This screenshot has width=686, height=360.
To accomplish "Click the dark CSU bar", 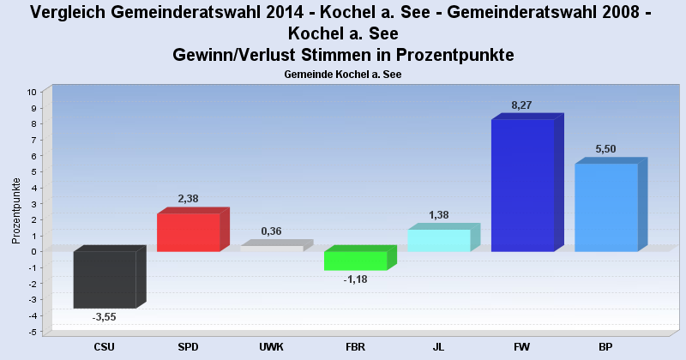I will [105, 279].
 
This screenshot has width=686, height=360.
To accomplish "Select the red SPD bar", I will [188, 232].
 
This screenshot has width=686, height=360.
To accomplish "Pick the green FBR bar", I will [355, 260].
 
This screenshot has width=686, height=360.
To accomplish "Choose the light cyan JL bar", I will [439, 240].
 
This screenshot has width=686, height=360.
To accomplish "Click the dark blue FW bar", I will [522, 185].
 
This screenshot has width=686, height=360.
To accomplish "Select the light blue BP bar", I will [605, 207].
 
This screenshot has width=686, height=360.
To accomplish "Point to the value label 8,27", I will [521, 105].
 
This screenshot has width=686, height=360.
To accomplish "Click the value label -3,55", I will [104, 317].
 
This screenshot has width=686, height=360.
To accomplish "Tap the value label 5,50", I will [605, 149].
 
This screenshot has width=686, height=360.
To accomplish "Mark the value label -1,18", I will [355, 279].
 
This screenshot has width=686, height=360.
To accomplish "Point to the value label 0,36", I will [271, 231].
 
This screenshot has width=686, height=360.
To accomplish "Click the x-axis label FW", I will [521, 347].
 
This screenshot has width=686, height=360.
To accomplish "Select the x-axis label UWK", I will [271, 347].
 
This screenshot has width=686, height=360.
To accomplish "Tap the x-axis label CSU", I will [104, 347].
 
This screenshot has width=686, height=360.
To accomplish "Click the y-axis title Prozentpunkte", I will [16, 211].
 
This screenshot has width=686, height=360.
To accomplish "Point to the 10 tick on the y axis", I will [32, 92].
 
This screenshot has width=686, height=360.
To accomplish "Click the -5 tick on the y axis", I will [33, 332].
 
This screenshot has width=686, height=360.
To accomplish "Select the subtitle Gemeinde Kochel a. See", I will [343, 75].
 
